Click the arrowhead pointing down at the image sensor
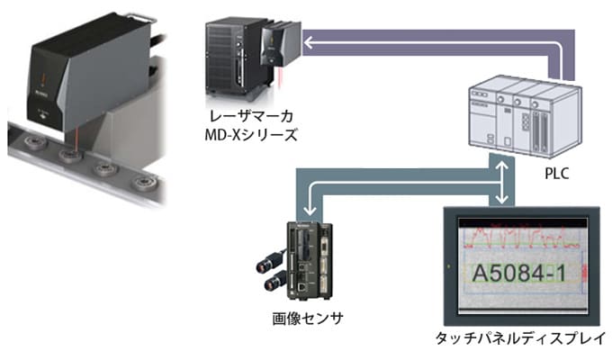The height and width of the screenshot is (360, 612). [307, 209]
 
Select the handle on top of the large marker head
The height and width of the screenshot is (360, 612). [117, 13]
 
